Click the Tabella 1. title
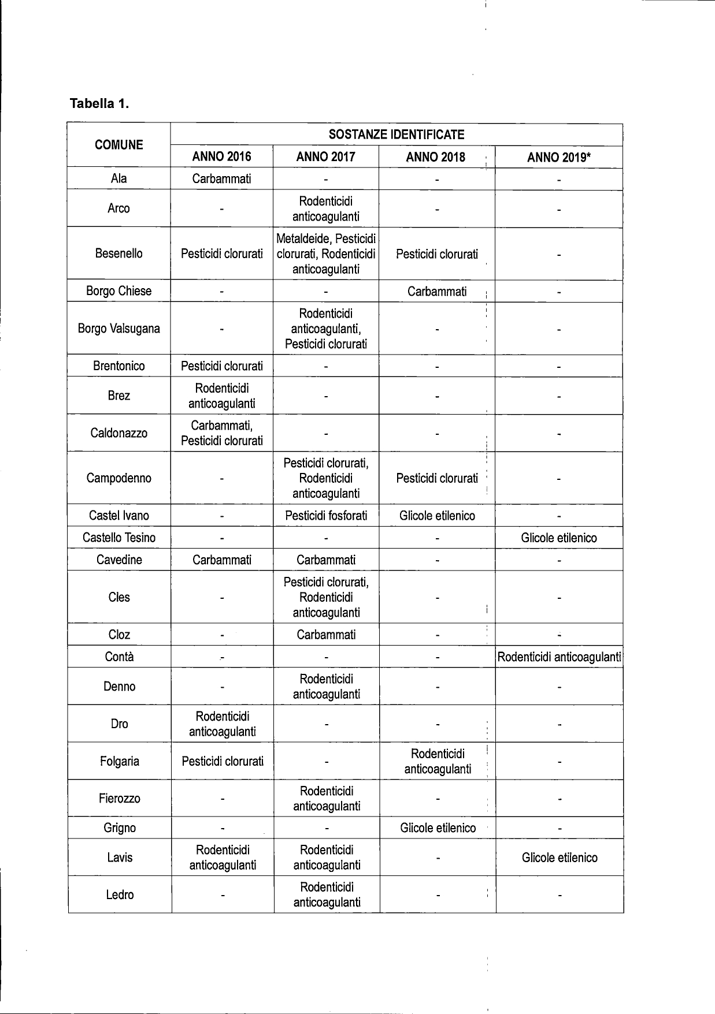[99, 104]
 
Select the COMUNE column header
[118, 145]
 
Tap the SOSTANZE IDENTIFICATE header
[396, 135]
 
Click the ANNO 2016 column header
[221, 156]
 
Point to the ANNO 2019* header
[558, 157]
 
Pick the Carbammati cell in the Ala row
[221, 178]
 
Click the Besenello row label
[118, 254]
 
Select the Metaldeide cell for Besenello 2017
[326, 254]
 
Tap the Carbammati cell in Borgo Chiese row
[437, 292]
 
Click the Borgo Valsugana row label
[118, 329]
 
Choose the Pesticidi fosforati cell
[326, 516]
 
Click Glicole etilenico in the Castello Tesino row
[558, 538]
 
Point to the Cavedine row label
[119, 560]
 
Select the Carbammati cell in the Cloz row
[326, 635]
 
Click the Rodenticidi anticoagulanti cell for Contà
[559, 657]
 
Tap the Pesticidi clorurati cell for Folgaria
[223, 761]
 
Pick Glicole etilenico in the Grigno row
[438, 828]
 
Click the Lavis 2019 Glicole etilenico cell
[559, 858]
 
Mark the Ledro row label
[120, 894]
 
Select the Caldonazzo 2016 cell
[221, 433]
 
